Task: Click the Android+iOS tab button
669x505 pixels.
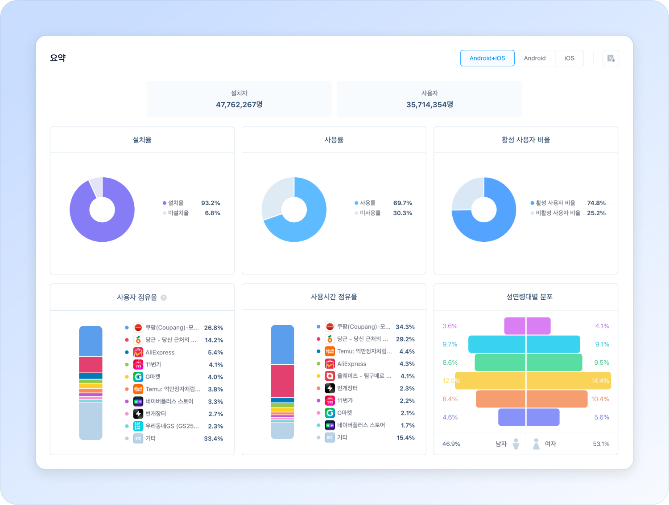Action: [x=487, y=58]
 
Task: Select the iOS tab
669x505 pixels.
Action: [x=569, y=58]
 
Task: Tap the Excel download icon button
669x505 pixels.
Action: [x=611, y=58]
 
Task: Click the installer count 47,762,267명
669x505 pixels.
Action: [x=239, y=105]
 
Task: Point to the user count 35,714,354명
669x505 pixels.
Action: [x=429, y=105]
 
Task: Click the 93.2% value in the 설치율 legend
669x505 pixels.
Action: [x=211, y=203]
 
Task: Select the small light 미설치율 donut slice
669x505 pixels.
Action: [x=96, y=186]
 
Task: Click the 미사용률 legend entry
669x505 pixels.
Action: [x=370, y=213]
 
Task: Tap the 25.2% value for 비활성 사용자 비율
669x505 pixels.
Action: [x=596, y=213]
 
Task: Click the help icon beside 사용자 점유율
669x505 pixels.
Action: [x=164, y=297]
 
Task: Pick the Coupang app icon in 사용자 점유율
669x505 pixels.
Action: [x=138, y=328]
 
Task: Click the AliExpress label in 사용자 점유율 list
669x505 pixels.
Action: [x=160, y=352]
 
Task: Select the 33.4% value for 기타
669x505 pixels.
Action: [x=213, y=439]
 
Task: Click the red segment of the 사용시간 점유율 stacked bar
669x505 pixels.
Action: [x=282, y=381]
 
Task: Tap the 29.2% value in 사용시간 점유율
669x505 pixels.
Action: [x=405, y=339]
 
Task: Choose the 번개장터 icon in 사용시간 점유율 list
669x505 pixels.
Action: [x=330, y=388]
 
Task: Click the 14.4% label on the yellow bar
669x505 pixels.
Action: [x=600, y=381]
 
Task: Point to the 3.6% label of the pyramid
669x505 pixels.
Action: [x=450, y=326]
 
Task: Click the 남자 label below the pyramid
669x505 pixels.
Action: [x=501, y=444]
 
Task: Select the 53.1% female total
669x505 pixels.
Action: [x=601, y=444]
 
